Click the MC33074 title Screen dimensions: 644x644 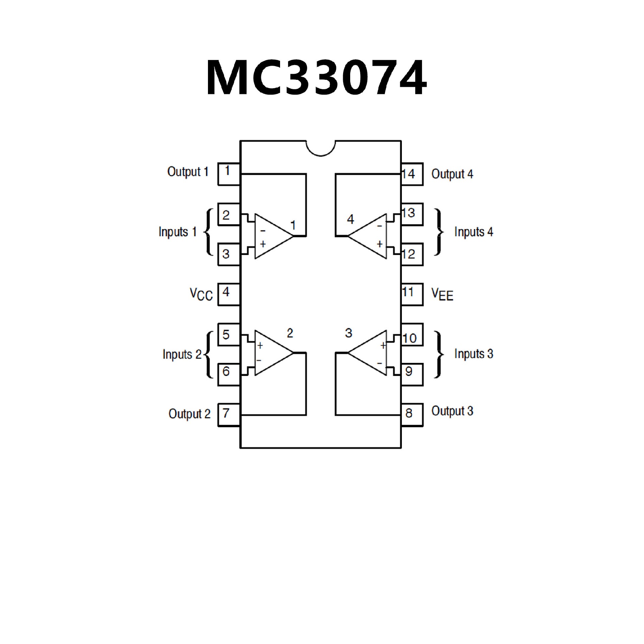coord(317,78)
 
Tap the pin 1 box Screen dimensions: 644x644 coord(229,174)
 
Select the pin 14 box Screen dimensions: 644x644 coord(412,174)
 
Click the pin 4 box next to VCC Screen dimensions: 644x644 coord(229,294)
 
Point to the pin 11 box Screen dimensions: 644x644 coord(412,294)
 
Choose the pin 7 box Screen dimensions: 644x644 coord(229,415)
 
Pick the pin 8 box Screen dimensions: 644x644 coord(412,415)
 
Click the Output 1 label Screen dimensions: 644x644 coord(188,172)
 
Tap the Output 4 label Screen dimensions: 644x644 coord(452,174)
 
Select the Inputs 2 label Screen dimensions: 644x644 coord(182,354)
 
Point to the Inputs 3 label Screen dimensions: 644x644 coord(474,354)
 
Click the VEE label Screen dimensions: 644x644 coord(442,294)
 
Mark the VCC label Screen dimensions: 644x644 coord(201,294)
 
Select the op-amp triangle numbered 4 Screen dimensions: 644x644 coord(369,236)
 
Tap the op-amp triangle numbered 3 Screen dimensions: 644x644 coord(369,353)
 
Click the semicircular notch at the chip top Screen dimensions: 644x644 coord(321,148)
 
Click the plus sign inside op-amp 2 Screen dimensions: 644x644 coord(260,345)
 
